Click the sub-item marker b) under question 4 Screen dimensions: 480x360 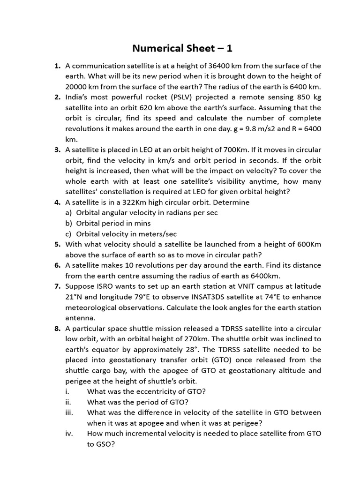point(69,223)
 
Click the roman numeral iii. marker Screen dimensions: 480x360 point(70,412)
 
